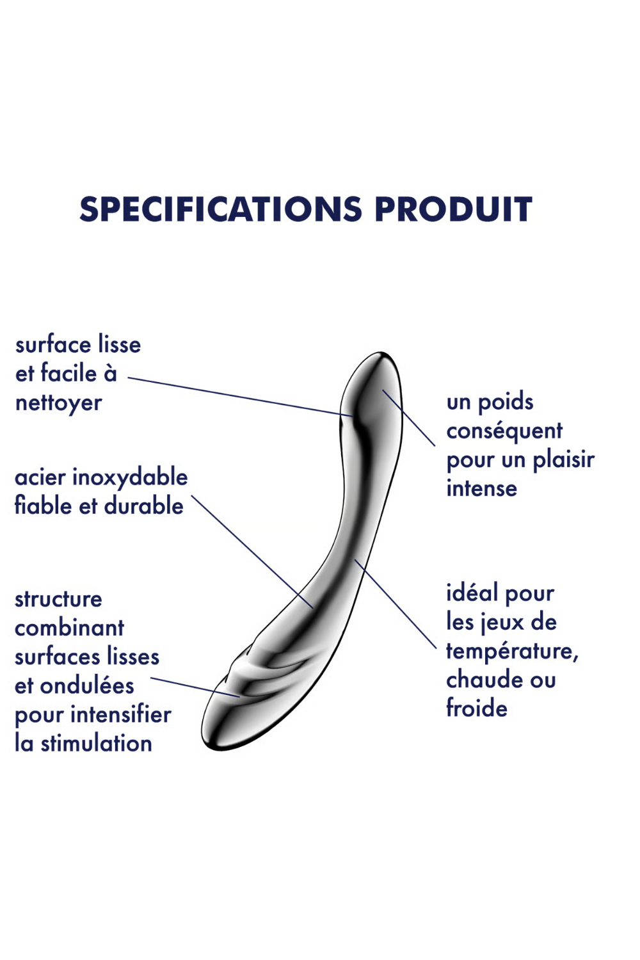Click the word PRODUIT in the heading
pyautogui.click(x=453, y=209)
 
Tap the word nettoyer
pyautogui.click(x=59, y=403)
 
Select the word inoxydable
pyautogui.click(x=130, y=477)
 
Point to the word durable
pyautogui.click(x=144, y=506)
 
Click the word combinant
pyautogui.click(x=70, y=628)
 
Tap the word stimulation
pyautogui.click(x=97, y=744)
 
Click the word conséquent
pyautogui.click(x=504, y=431)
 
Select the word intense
pyautogui.click(x=482, y=488)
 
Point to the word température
pyautogui.click(x=512, y=651)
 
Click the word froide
pyautogui.click(x=477, y=708)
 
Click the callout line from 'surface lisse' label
pyautogui.click(x=241, y=396)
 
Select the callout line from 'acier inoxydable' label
pyautogui.click(x=253, y=552)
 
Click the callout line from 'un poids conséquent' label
pyautogui.click(x=409, y=418)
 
